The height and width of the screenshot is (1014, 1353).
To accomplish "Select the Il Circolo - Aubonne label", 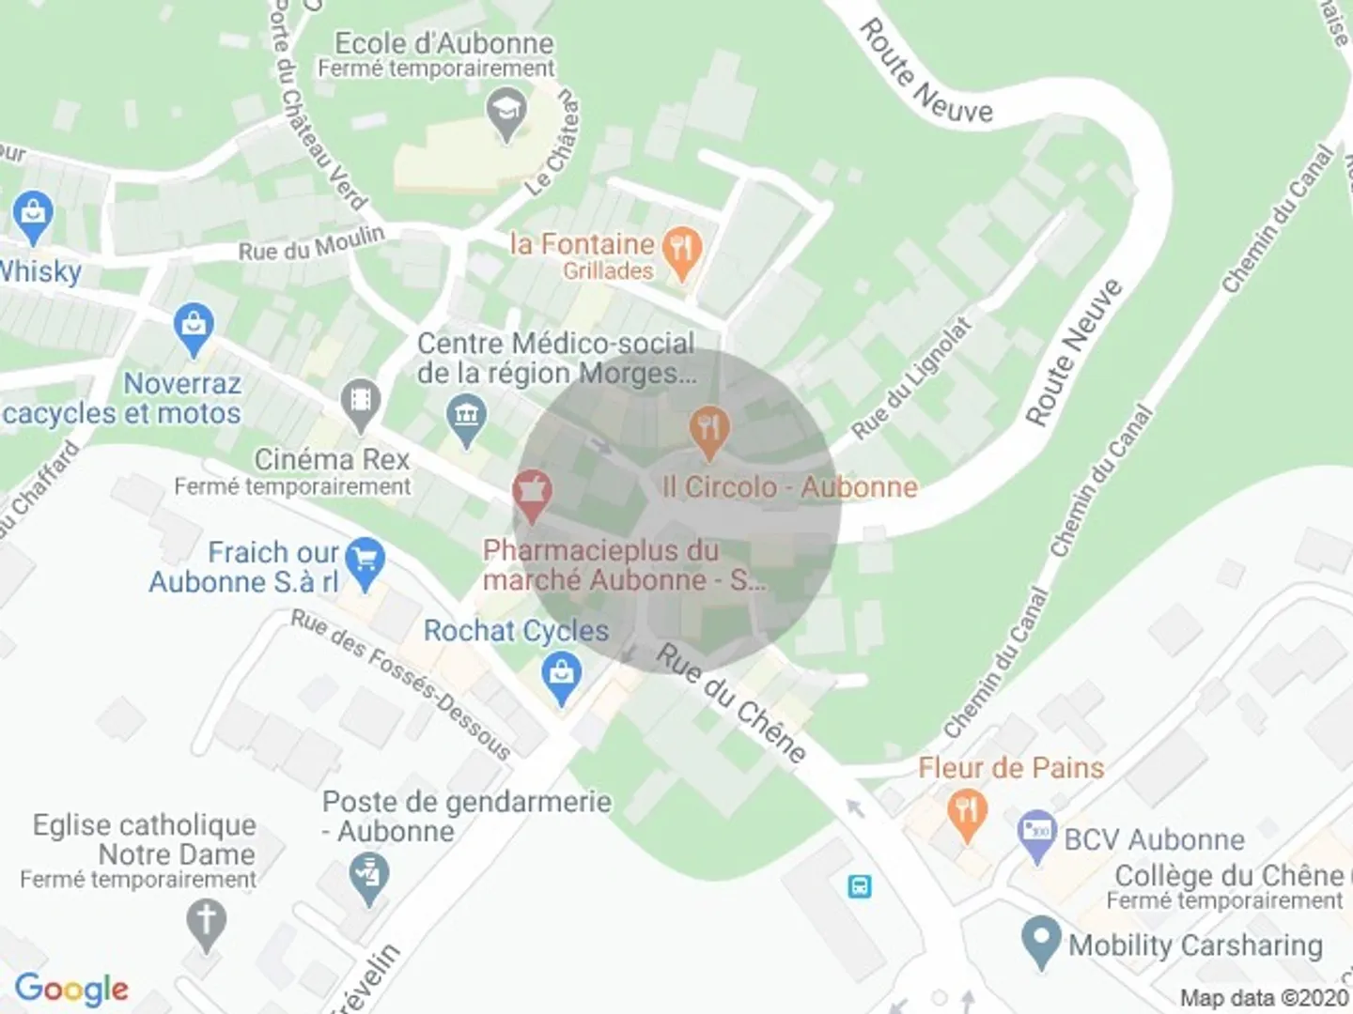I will [x=789, y=486].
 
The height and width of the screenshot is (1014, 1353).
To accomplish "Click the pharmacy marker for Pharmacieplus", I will [x=532, y=494].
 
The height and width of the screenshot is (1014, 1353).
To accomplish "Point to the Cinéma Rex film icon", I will [x=360, y=402].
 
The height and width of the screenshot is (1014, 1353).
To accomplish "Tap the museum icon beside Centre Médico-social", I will [x=466, y=419].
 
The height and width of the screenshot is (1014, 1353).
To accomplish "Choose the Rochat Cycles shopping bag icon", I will [x=562, y=676].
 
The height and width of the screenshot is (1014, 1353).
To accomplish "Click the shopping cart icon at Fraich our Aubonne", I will [x=365, y=561].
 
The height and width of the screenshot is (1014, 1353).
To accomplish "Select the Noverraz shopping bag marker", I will [x=194, y=328].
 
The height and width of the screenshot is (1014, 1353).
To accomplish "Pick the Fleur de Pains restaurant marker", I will [x=965, y=811].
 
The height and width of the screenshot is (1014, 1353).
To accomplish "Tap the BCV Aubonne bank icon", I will [x=1037, y=834].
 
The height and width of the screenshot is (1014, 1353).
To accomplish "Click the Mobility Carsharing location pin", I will [x=1040, y=943].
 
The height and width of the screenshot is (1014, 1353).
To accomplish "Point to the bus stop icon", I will [x=860, y=885].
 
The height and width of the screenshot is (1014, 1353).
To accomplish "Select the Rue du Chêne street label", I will [x=731, y=704].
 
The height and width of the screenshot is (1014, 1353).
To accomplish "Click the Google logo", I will [x=71, y=988].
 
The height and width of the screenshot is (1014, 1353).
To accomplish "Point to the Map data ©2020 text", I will [x=1264, y=998].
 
